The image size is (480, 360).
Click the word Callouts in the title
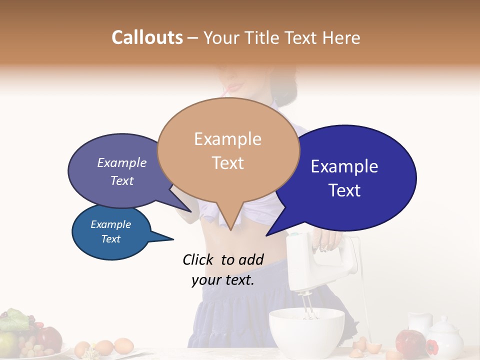click(x=147, y=37)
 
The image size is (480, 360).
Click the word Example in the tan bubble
click(x=227, y=139)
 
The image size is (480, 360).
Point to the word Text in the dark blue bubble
click(x=345, y=190)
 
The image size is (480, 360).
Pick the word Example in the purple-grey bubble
click(x=121, y=163)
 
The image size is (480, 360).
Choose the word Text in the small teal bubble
click(x=110, y=239)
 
